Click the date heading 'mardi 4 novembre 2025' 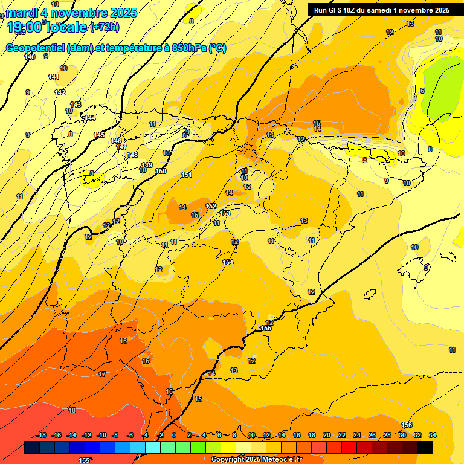click(71, 13)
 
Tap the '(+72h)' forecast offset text click(104, 27)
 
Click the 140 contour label click(30, 57)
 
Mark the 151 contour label click(187, 175)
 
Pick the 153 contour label click(225, 213)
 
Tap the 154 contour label click(228, 262)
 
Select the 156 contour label click(407, 425)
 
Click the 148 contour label click(132, 155)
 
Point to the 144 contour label click(90, 118)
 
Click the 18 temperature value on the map click(72, 410)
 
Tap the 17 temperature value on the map click(102, 374)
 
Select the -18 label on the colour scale click(42, 435)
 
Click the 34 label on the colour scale click(433, 435)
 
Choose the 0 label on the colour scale click(174, 435)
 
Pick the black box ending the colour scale click(425, 447)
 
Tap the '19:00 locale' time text click(46, 27)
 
